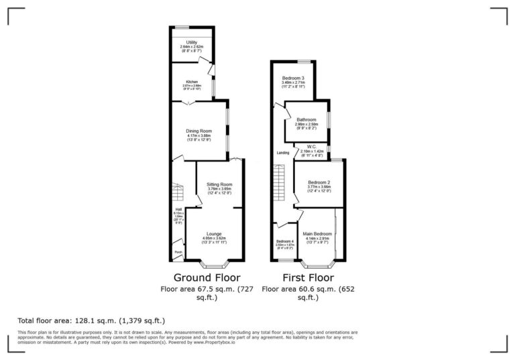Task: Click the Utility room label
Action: coord(192,42)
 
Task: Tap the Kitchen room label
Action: coord(192,82)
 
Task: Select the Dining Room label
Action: coord(199,131)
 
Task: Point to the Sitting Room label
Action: coord(219,184)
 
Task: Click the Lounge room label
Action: coord(214,234)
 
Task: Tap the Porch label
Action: coord(178,253)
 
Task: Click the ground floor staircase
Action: coord(177,194)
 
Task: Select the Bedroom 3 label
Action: coord(293,78)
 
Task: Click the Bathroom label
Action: coord(306,120)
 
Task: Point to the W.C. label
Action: coord(312,147)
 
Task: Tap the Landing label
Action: coord(283,153)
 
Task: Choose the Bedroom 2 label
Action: coord(319,182)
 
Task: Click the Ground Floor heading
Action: coord(207,278)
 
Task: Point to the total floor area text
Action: coord(91,320)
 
